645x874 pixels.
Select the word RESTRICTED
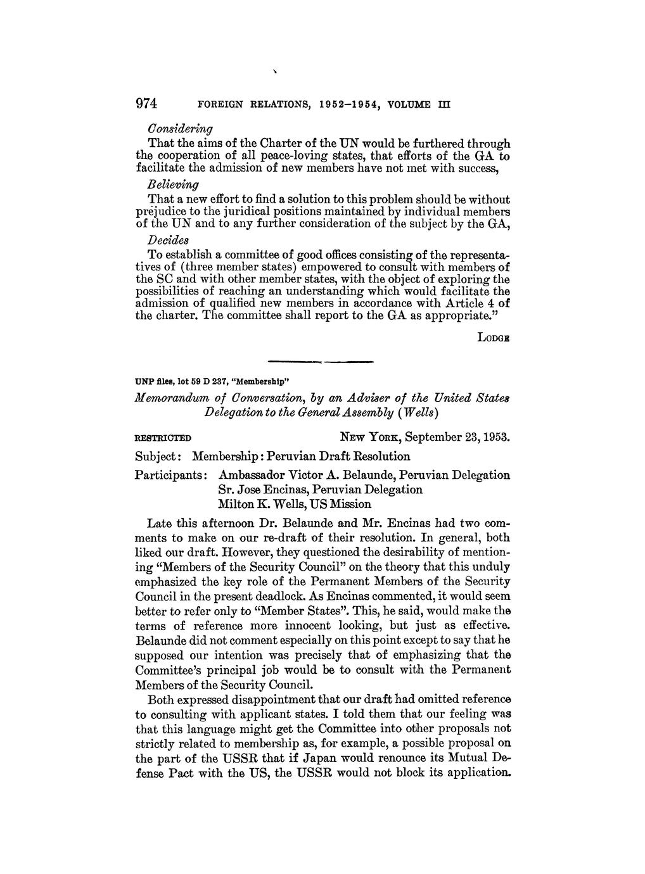click(163, 438)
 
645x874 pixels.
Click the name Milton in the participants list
click(236, 505)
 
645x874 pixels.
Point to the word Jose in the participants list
click(252, 490)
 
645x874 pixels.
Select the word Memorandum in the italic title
click(172, 398)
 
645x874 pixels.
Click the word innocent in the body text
click(292, 626)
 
